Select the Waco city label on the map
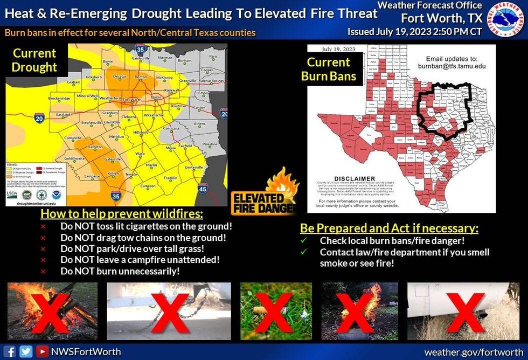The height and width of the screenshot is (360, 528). coord(140,154)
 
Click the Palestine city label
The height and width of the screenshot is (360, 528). coord(209,144)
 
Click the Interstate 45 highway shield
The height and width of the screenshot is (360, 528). coord(203,189)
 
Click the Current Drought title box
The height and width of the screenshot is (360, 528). coord(34,60)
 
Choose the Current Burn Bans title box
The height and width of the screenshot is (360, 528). coord(329,69)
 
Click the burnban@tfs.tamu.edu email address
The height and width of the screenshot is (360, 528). coord(448,66)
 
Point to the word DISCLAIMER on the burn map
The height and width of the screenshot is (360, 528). coord(355,178)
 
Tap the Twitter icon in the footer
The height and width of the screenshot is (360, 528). coord(26,351)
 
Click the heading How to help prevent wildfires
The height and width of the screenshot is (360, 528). coord(122,213)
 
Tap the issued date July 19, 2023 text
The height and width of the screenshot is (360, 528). coord(414,31)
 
